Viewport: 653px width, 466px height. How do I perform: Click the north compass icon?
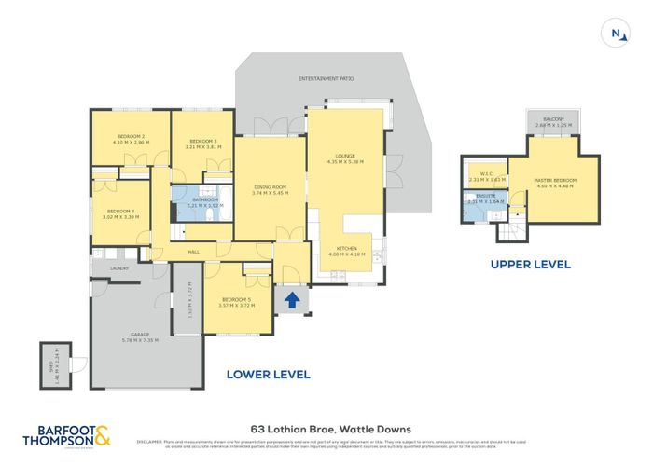click(x=615, y=34)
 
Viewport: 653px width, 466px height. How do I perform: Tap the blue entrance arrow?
click(x=292, y=300)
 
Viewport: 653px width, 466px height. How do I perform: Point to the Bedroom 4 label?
click(x=121, y=214)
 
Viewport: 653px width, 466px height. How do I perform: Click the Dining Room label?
click(x=270, y=190)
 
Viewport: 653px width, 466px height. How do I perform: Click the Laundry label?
click(x=118, y=268)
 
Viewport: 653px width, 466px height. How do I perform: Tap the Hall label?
click(x=193, y=251)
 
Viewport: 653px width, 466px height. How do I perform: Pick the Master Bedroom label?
click(x=555, y=182)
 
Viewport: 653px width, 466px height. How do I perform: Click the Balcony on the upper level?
click(x=555, y=121)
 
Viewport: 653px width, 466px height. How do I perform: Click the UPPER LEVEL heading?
click(x=530, y=265)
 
